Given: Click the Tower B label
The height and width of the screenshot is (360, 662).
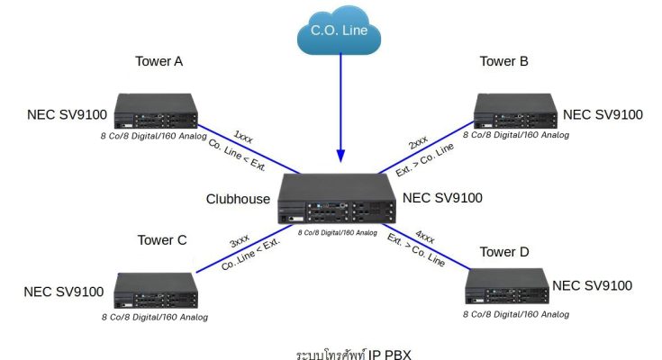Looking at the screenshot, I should coord(503,61).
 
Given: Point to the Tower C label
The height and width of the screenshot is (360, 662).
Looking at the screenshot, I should coord(162,240).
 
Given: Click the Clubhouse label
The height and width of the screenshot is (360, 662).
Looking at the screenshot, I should coord(238,198).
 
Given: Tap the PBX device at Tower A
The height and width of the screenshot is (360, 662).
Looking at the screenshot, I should coord(155,113).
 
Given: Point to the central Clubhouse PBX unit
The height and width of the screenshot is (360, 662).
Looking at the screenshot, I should coord(337,200).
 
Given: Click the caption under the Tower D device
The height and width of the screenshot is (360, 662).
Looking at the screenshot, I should coord(516,314).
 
